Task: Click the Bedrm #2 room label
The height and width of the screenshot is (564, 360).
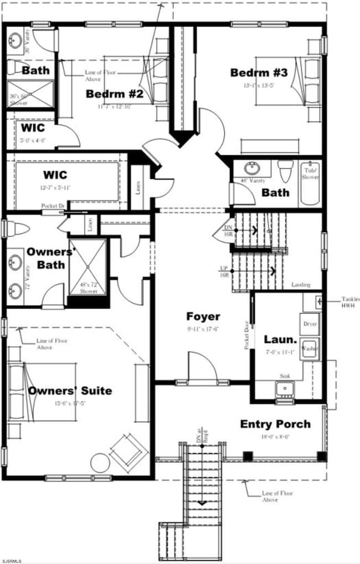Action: (x=114, y=94)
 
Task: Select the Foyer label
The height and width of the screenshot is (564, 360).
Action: (x=203, y=317)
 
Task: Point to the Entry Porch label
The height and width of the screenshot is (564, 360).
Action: (x=275, y=424)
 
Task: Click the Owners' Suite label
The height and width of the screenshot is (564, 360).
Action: (x=70, y=391)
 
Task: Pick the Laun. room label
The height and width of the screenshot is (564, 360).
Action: (x=277, y=339)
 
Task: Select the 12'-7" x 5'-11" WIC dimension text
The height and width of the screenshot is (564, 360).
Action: (x=55, y=187)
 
